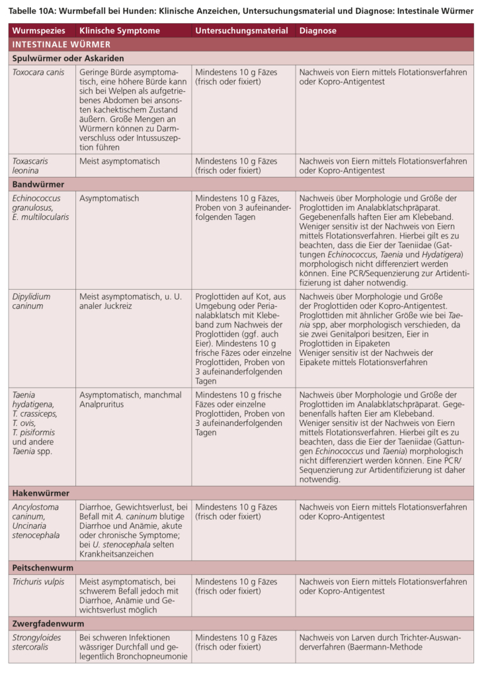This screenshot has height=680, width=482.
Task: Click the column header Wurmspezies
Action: click(38, 31)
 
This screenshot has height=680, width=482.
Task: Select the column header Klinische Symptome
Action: click(119, 31)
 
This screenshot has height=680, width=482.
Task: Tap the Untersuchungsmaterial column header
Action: click(241, 31)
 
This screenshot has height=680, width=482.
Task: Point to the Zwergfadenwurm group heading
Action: click(48, 623)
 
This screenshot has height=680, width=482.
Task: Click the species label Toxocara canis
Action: click(38, 73)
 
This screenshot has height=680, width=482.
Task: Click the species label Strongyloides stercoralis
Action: click(36, 642)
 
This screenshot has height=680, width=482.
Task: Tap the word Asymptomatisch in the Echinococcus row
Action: click(109, 198)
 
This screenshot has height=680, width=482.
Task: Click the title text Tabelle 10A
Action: click(33, 10)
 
